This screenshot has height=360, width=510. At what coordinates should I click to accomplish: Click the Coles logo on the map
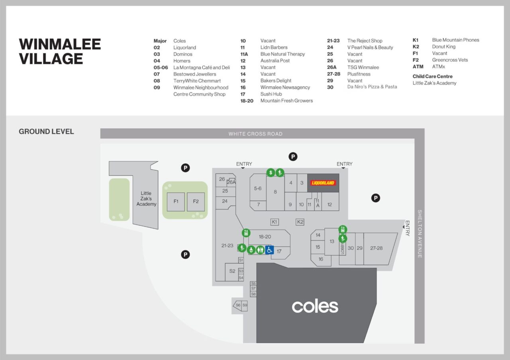[315, 306]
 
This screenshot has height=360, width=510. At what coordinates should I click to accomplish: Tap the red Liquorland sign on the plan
[323, 183]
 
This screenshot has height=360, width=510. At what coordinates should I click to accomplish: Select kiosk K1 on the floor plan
[274, 222]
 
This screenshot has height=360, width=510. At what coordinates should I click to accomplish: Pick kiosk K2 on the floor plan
[300, 222]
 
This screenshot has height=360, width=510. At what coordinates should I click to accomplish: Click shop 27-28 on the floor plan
[376, 248]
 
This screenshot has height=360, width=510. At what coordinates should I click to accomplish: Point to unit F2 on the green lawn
[196, 202]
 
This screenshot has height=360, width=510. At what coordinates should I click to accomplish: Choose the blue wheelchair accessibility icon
[269, 250]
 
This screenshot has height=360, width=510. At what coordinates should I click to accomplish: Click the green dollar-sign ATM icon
[271, 172]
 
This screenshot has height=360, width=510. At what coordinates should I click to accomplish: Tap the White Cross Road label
[255, 134]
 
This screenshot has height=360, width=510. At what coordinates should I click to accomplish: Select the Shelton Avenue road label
[420, 234]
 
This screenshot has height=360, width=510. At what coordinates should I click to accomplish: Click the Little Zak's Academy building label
[146, 199]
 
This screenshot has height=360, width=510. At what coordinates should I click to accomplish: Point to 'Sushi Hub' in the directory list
[271, 94]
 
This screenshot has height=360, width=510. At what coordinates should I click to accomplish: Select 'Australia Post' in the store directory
[275, 61]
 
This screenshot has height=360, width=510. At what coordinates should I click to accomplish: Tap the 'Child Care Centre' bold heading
[432, 76]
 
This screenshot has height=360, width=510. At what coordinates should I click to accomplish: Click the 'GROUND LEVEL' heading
[46, 131]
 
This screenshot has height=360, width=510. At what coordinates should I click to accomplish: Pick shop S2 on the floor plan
[232, 271]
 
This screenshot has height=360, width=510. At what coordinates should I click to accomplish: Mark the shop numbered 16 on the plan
[321, 259]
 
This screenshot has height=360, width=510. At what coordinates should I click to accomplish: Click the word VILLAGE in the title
[51, 59]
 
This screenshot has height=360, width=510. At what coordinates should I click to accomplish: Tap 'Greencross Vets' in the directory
[450, 60]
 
